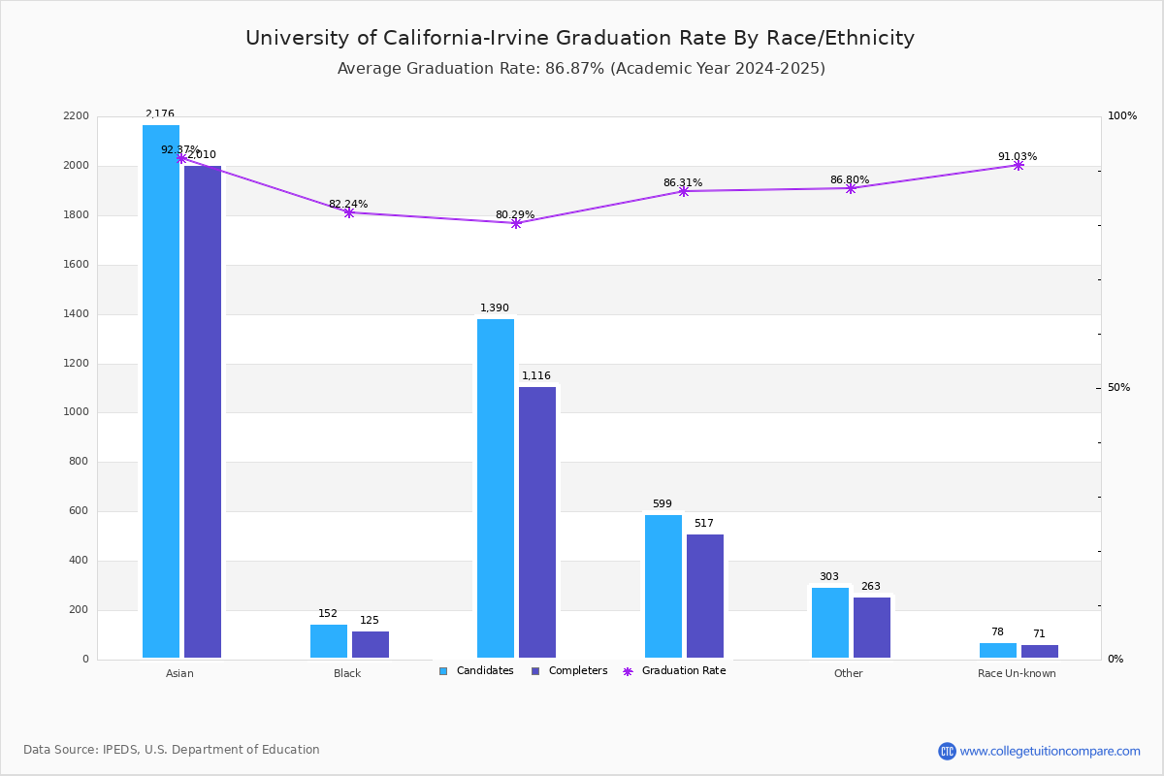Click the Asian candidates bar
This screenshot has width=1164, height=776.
[161, 392]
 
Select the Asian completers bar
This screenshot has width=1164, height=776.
[203, 412]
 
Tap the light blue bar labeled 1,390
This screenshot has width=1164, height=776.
[496, 489]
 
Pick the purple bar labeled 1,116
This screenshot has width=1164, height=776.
[537, 523]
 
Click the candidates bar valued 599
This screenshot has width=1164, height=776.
[663, 587]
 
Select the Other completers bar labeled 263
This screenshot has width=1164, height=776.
[872, 628]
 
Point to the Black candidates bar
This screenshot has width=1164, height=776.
[329, 641]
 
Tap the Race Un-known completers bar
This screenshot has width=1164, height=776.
[1040, 652]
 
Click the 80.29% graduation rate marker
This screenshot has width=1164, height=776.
[516, 223]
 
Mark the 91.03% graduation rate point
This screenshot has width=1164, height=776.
[1018, 165]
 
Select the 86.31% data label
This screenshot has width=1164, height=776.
[683, 182]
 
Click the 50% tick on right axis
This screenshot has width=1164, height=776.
[1118, 388]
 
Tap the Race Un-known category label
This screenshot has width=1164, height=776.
[1017, 673]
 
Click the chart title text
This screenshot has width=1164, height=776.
[580, 38]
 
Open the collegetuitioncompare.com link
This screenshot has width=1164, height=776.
[1050, 751]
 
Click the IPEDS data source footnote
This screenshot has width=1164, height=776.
[172, 750]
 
